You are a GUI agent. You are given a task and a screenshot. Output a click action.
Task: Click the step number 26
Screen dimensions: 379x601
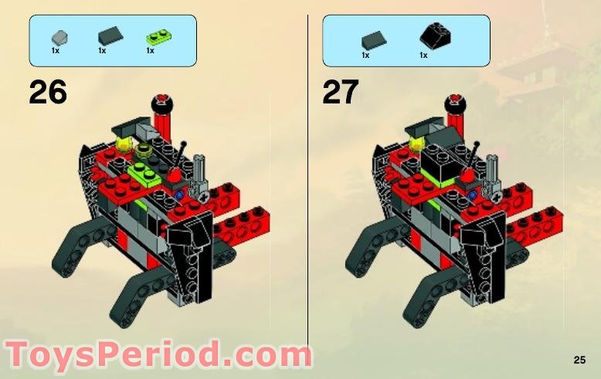(x=48, y=93)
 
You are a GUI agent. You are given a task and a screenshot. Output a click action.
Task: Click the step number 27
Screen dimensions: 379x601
(x=341, y=93)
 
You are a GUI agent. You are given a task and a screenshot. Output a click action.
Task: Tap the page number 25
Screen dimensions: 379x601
(x=579, y=359)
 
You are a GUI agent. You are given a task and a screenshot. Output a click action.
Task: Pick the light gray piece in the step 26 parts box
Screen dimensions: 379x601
(x=57, y=36)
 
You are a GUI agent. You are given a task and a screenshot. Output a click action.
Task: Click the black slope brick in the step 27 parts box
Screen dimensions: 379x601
(x=435, y=36)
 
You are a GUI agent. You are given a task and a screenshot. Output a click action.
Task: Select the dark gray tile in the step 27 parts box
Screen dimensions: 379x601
(x=372, y=37)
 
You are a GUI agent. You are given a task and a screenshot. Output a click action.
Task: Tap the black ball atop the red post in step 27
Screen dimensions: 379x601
(x=456, y=100)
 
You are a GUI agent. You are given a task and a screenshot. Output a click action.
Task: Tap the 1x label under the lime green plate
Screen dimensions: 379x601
(x=150, y=51)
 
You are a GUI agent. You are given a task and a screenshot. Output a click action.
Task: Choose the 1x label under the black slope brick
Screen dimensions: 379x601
(x=423, y=56)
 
